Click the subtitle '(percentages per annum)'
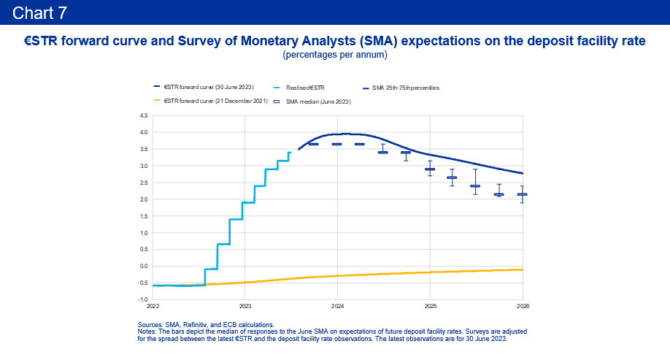tap(334, 55)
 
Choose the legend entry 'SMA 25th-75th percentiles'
tap(405, 88)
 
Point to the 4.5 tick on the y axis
tap(143, 115)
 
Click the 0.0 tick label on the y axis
tap(143, 266)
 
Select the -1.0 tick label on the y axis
tap(142, 299)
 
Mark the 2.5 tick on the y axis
tap(143, 183)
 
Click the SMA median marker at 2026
tap(522, 194)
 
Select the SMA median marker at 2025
tap(430, 169)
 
